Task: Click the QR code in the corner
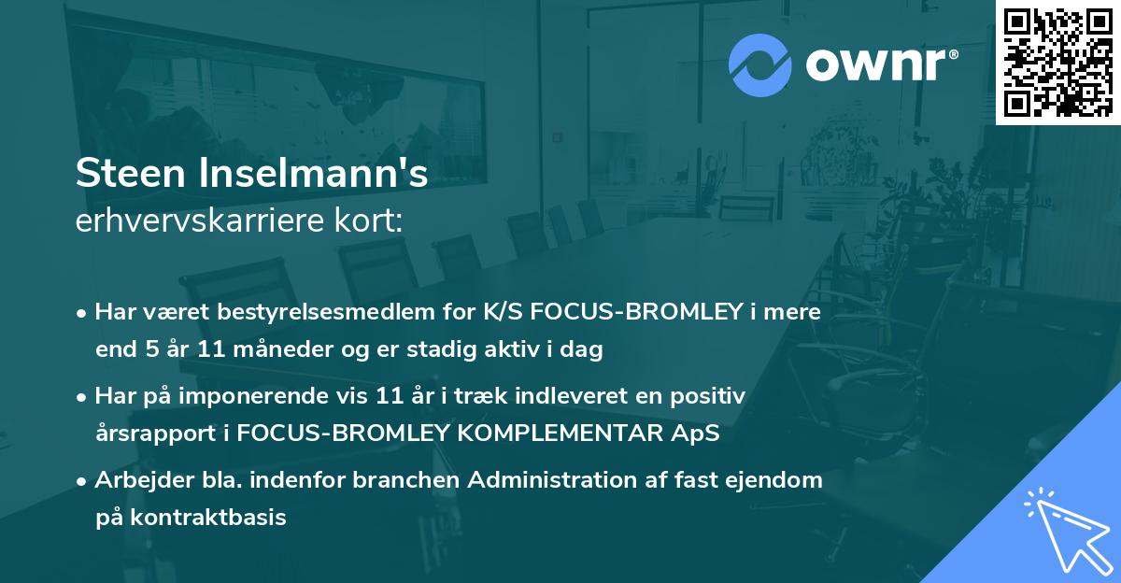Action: [1057, 62]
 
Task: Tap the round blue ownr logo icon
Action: [760, 64]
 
